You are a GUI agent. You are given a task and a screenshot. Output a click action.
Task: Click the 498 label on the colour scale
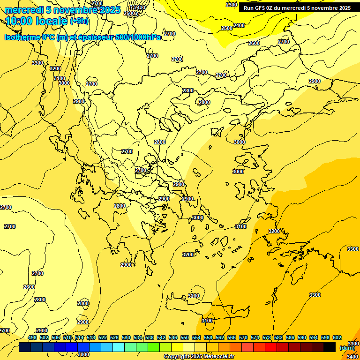tap(32, 337)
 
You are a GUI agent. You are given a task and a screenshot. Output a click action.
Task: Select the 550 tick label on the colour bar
tap(185, 337)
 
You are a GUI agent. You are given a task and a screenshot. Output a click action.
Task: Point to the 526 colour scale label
tap(114, 337)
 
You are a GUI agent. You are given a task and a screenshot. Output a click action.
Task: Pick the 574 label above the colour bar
tap(255, 337)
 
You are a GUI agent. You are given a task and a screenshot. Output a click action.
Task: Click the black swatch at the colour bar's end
tap(330, 347)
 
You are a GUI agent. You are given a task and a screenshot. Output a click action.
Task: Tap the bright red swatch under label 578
tap(271, 347)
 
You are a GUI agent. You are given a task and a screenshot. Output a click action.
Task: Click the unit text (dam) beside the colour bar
tap(347, 348)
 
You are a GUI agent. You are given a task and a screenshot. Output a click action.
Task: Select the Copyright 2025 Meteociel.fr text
tap(199, 357)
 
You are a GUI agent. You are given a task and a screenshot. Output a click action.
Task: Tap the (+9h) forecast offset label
tap(79, 21)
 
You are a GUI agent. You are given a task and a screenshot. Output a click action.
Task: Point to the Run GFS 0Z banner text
tap(297, 8)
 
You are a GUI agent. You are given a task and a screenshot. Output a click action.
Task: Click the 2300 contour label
tap(232, 5)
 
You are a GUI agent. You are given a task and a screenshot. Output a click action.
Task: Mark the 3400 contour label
tap(353, 357)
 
